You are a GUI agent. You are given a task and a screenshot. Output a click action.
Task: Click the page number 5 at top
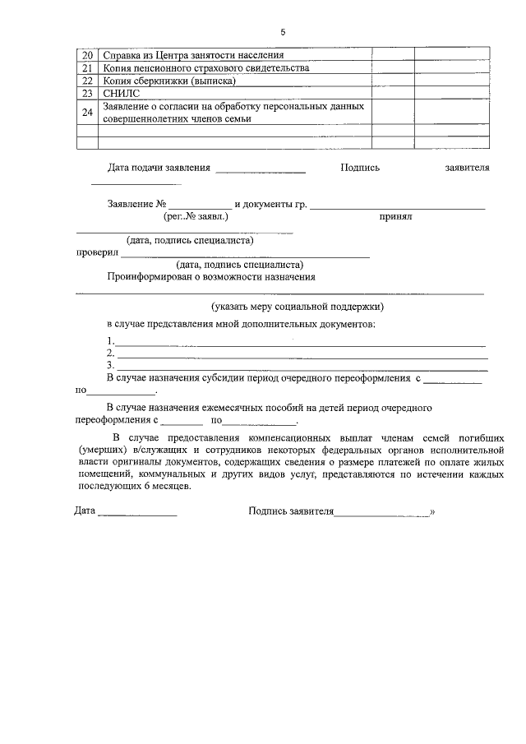pos(283,32)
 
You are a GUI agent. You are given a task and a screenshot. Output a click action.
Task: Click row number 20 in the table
pos(87,55)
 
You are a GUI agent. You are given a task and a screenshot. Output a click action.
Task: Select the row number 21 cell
pos(87,68)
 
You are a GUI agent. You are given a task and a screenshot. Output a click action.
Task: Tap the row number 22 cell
pos(87,81)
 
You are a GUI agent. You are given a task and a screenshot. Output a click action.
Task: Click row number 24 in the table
pos(87,113)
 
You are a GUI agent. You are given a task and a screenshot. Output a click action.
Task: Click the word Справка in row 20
pos(121,55)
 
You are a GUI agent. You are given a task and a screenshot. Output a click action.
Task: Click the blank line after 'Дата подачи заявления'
pos(261,171)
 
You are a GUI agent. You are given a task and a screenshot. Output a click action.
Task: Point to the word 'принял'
pos(394,217)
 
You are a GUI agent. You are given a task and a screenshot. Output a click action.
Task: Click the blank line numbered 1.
pos(300,343)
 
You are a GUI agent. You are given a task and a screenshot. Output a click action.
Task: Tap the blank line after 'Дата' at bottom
pos(137,514)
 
